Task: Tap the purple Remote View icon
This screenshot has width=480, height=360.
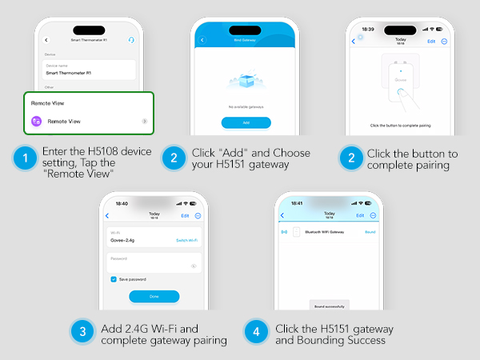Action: click(36, 121)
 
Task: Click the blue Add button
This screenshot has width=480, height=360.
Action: click(246, 122)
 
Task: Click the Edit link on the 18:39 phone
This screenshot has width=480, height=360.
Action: click(431, 41)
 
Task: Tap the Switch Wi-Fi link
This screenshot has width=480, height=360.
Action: click(186, 240)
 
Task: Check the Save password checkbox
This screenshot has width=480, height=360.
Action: click(114, 279)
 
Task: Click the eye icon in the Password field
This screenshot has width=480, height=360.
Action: click(193, 266)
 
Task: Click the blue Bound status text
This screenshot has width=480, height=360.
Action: click(370, 232)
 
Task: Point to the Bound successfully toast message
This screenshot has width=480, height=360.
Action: click(328, 306)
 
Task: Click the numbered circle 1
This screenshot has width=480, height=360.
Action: click(27, 159)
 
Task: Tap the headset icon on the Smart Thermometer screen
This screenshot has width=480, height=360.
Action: click(130, 39)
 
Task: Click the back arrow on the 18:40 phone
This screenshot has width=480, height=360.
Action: click(107, 216)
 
